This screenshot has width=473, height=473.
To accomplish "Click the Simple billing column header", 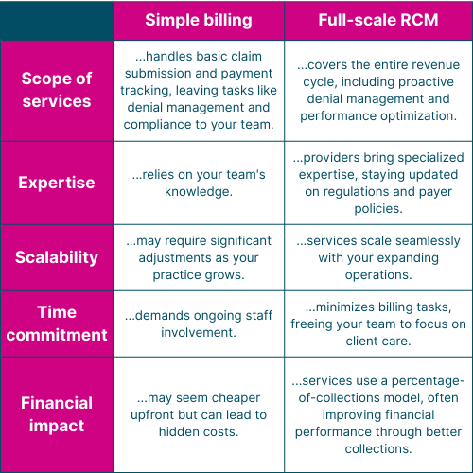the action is [199, 20].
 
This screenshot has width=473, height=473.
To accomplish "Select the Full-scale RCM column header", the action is [378, 20].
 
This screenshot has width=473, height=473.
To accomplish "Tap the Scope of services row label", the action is [57, 90].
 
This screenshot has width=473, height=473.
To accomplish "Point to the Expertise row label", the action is [57, 183].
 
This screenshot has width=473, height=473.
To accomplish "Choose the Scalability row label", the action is [57, 257].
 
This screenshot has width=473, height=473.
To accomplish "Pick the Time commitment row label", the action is [57, 324].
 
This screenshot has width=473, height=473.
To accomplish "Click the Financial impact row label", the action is [57, 414].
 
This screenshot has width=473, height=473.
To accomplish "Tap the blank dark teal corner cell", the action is [57, 21].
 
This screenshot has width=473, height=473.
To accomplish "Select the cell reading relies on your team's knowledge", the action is [199, 183].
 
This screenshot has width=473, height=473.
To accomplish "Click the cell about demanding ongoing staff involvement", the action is [199, 324].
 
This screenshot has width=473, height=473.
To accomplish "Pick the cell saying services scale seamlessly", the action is [378, 257].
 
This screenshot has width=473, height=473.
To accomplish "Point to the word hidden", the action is [173, 431].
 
